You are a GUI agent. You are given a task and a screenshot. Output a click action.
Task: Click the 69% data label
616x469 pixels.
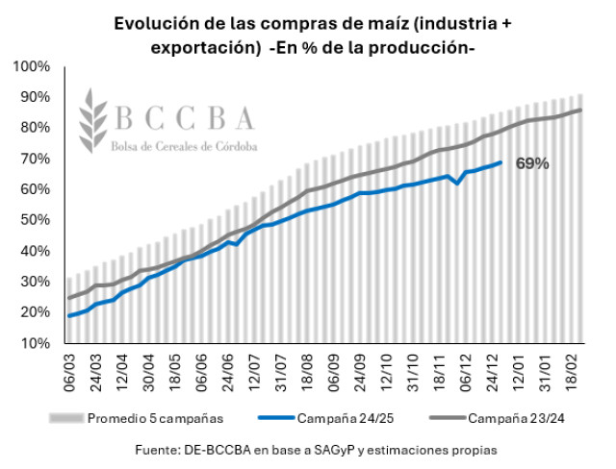pos(532,163)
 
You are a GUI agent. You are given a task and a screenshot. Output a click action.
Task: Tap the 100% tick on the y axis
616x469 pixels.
pos(31,66)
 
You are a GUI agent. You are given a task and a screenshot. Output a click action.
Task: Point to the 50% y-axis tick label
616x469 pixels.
pos(34,220)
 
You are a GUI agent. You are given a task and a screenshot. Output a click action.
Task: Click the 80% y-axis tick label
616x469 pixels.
pos(34,128)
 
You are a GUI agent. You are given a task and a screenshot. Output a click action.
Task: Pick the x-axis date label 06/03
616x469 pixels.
pos(70,372)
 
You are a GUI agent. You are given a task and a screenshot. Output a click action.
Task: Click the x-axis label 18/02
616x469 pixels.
pos(571,372)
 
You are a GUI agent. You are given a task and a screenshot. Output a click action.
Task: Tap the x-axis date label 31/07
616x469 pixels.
pos(284,372)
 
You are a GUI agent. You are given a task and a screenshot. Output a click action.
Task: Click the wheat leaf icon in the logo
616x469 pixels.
pos(91,120)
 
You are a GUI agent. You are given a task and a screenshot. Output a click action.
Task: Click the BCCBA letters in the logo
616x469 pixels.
pos(185,118)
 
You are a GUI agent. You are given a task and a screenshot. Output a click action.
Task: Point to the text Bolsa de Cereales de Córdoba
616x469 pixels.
pos(185,144)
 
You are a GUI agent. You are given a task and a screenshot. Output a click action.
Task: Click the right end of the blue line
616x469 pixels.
pos(500,161)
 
